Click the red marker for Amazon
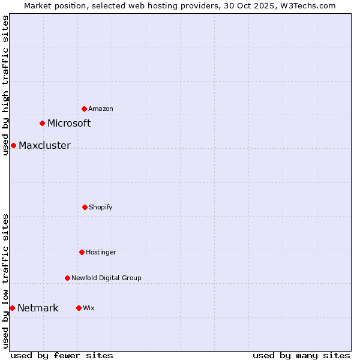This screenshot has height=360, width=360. [x=84, y=109]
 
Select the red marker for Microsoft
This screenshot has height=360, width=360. [x=42, y=123]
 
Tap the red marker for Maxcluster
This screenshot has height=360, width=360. [x=13, y=145]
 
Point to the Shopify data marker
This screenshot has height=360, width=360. [x=85, y=207]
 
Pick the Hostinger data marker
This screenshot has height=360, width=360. [x=82, y=252]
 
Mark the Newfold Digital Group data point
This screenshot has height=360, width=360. [x=67, y=278]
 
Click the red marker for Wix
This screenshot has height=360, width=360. [x=79, y=308]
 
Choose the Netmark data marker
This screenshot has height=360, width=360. [x=12, y=308]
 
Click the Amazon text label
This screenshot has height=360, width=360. [x=101, y=109]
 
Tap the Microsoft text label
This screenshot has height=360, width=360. [x=69, y=124]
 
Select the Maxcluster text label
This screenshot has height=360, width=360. [x=44, y=146]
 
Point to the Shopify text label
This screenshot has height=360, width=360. [x=101, y=208]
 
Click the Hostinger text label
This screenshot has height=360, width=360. [x=101, y=253]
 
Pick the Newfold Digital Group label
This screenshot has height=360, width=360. [x=106, y=278]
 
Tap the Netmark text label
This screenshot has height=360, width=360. [x=38, y=308]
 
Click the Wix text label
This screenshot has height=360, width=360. [x=89, y=308]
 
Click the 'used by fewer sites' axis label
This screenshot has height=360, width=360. [x=62, y=355]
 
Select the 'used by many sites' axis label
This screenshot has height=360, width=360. [x=301, y=355]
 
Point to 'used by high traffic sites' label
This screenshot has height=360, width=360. [x=5, y=85]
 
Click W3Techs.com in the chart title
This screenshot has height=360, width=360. [x=306, y=5]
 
